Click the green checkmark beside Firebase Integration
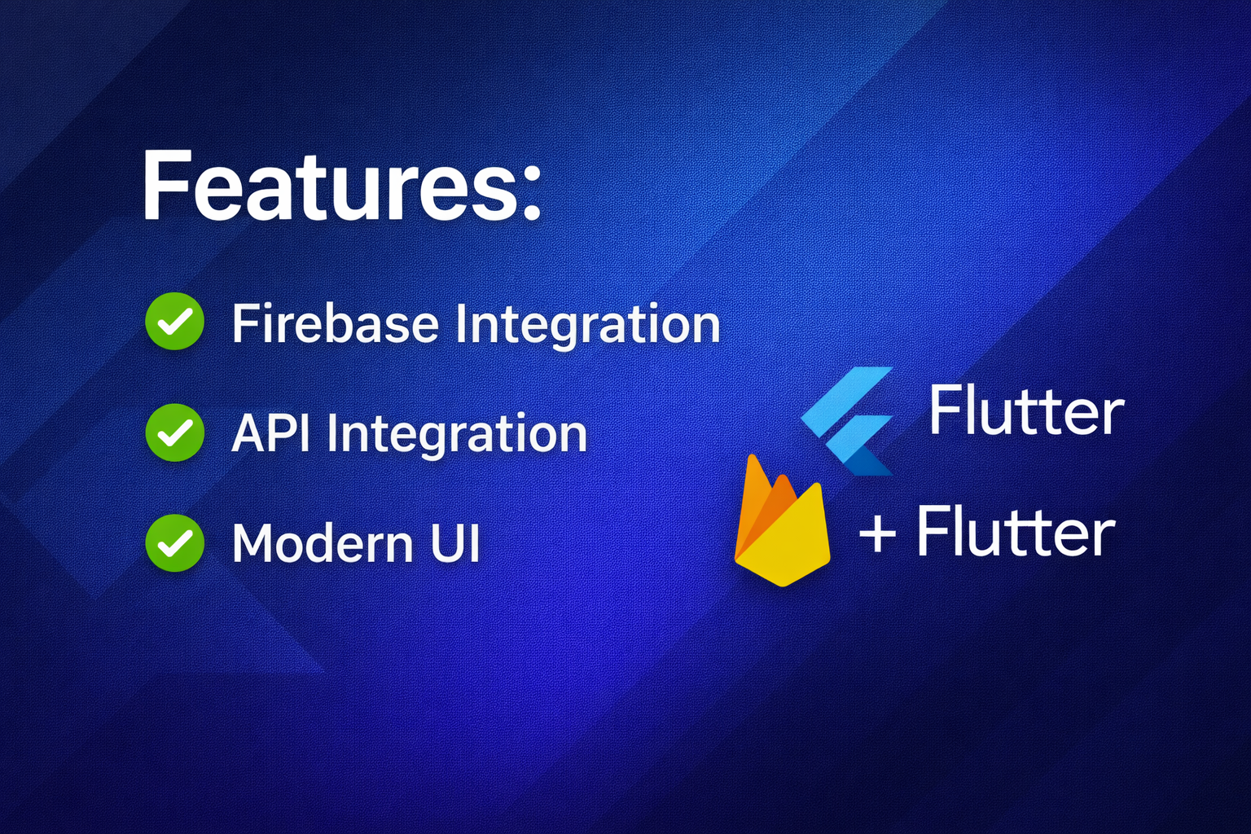(175, 321)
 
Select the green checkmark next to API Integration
(175, 432)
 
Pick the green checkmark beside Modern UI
(175, 543)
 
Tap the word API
(271, 433)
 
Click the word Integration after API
(457, 437)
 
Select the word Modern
(323, 542)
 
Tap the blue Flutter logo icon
(847, 421)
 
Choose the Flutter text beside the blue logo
(1026, 410)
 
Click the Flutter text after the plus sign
(1016, 531)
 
